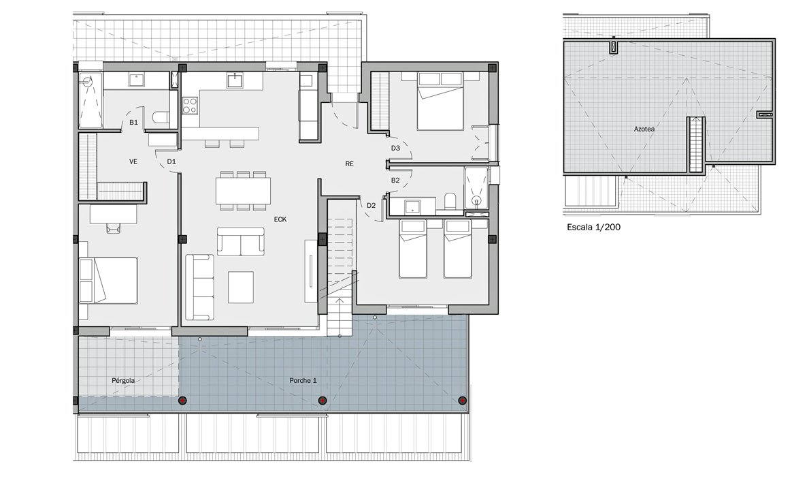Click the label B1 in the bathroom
coord(134,123)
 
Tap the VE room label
coord(134,162)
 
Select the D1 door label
coord(171,162)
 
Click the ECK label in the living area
coord(280,219)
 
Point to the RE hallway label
coord(349,164)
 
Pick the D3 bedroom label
coord(395,147)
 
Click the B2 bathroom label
coord(395,181)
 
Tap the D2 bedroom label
coord(371,205)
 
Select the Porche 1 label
coord(303,381)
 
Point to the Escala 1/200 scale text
coord(593,228)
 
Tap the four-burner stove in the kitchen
coord(190,106)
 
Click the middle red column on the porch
coord(323,401)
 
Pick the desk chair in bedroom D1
coord(112,228)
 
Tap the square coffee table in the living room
coord(240,287)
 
